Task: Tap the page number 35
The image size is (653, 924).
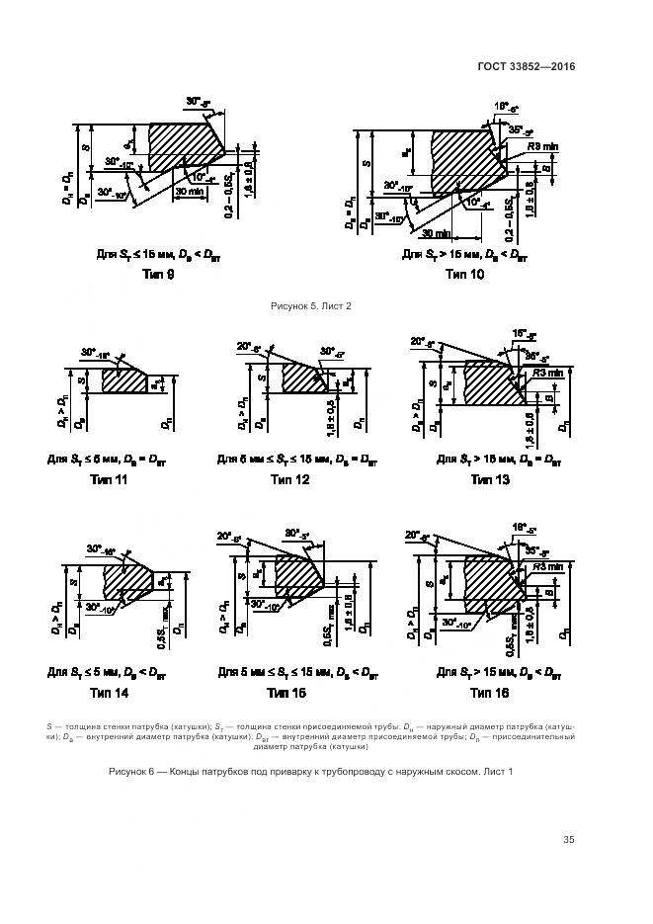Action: point(568,840)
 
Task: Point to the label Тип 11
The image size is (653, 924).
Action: point(110,479)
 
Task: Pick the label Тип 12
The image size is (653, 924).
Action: point(289,479)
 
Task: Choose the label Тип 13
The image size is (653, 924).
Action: point(490,479)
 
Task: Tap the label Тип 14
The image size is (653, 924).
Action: point(110,693)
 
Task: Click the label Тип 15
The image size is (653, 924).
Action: point(289,693)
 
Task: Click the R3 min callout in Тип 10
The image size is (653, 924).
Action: point(543,146)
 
